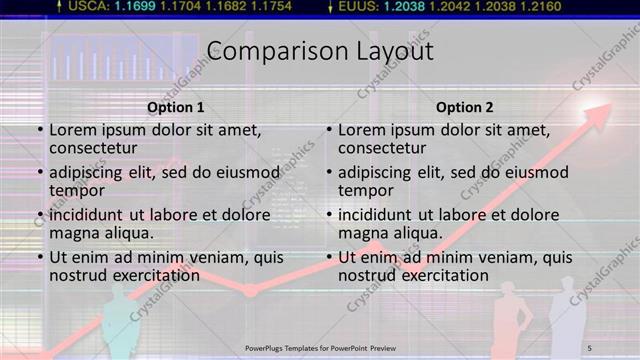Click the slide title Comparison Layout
320,51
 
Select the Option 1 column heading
175,108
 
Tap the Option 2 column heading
465,108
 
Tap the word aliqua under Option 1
130,233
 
